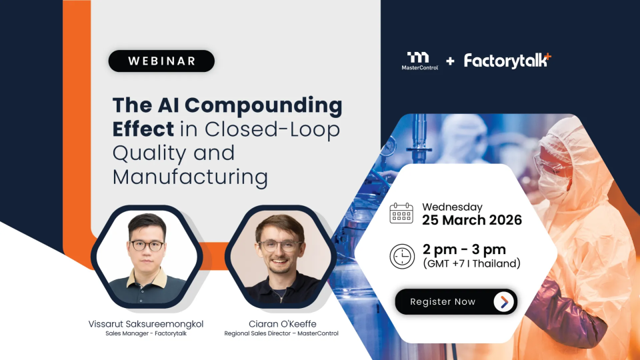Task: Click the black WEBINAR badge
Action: tap(161, 61)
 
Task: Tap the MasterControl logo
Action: tap(419, 61)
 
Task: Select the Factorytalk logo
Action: tap(507, 61)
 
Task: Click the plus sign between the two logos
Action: tap(450, 61)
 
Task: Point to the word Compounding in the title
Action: tap(264, 106)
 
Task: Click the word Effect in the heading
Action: tap(143, 129)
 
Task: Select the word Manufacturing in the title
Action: tap(190, 177)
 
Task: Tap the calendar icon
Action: tap(401, 213)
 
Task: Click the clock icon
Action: tap(402, 256)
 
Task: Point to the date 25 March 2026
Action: tap(472, 221)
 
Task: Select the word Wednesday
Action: tap(452, 207)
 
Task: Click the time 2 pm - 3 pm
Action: tap(464, 249)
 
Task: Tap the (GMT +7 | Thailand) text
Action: tap(472, 264)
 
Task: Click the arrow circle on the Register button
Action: tap(504, 302)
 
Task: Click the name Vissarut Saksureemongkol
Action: tap(146, 324)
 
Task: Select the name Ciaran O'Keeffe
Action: tap(283, 324)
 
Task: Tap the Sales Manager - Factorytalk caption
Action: tap(146, 333)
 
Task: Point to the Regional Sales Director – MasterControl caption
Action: tap(281, 333)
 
